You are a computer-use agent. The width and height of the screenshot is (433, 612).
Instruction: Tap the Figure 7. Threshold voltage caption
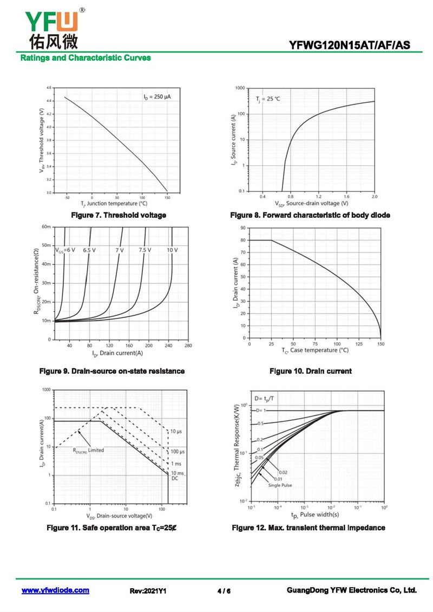click(x=119, y=215)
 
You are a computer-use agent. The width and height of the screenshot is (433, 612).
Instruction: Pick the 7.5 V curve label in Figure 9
click(x=145, y=250)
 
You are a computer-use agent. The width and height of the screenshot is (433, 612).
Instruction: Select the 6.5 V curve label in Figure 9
click(x=89, y=250)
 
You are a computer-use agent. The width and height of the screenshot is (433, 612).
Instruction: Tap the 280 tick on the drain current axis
click(x=188, y=345)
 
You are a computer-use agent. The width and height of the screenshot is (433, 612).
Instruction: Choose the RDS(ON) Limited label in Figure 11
click(x=89, y=450)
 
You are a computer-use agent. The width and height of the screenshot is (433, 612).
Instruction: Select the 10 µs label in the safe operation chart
click(x=177, y=431)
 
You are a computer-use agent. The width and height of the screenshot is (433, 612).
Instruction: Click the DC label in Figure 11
click(x=175, y=479)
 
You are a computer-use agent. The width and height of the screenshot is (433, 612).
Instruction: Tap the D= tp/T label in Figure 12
click(x=264, y=398)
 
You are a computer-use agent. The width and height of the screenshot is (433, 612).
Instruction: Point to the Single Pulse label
click(x=280, y=485)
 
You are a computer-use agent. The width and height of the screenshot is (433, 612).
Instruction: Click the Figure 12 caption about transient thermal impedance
click(x=309, y=528)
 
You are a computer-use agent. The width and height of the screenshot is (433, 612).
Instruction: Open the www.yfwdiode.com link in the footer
click(x=55, y=590)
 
